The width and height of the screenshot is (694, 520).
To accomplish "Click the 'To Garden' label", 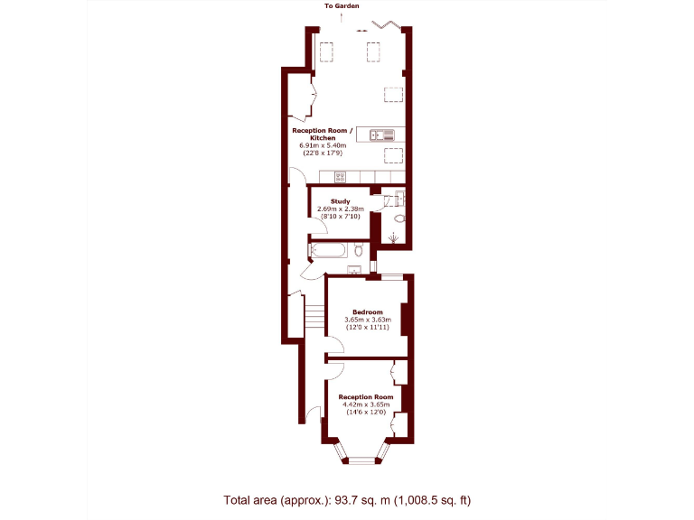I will coord(341,6).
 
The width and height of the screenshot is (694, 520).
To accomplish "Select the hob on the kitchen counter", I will coord(340,176).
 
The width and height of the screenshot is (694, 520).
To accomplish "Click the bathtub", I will coord(330,249).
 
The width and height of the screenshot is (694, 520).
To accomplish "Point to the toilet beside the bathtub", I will coord(360,249).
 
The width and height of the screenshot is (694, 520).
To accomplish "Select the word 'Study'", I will coord(340,201).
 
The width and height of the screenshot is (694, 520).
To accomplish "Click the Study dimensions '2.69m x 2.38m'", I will coord(340,209).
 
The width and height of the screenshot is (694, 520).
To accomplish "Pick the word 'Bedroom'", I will coord(368,312).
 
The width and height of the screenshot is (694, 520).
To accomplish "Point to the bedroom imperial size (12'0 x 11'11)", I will coord(368,328).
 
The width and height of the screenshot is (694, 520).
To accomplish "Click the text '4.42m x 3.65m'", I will coord(366,404).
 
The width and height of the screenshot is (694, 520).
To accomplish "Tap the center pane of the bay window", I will coord(361,460).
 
